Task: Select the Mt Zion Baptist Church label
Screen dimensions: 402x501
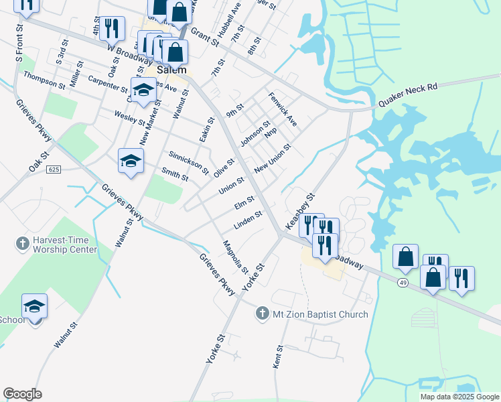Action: pos(319,314)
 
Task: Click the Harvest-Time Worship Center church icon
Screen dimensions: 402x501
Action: pos(22,242)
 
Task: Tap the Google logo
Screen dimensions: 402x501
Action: pos(22,394)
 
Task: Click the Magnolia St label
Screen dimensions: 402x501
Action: pos(235,257)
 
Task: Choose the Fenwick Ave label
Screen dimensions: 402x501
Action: pos(282,111)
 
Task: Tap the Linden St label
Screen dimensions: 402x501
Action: pos(247,219)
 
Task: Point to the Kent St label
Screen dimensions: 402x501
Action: pos(277,356)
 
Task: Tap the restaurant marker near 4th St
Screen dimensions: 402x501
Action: pos(112,27)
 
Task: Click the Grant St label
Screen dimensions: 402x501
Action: pos(205,36)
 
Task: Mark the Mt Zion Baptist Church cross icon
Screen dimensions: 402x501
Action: pos(263,314)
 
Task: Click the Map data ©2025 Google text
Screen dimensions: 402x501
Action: pos(459,397)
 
